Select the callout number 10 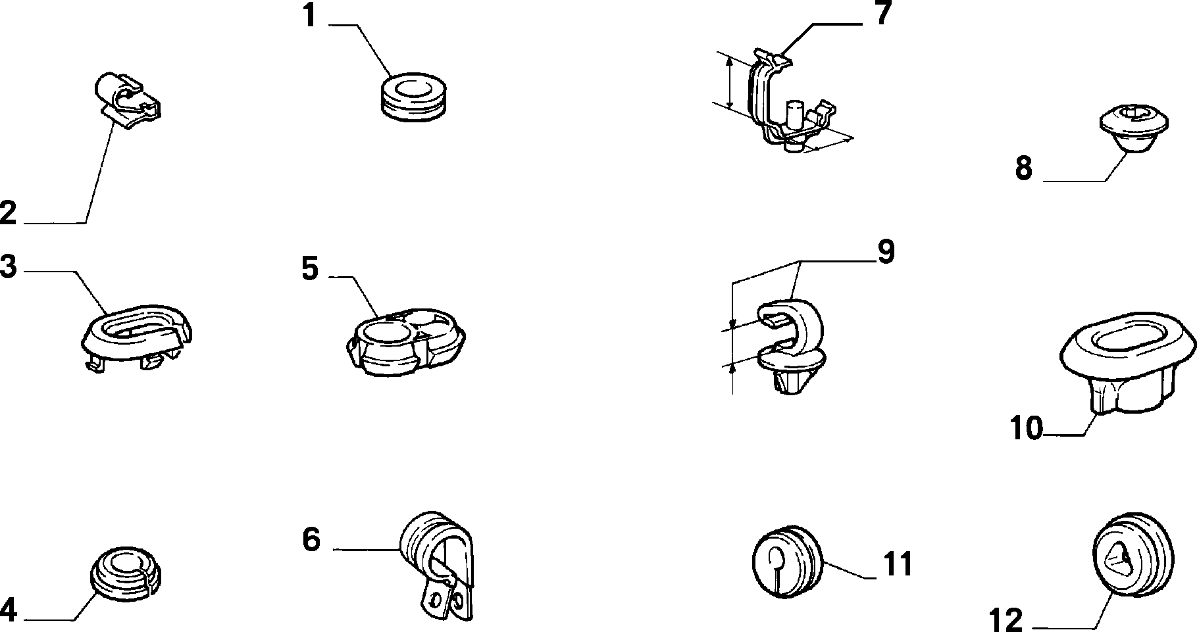coord(1027,429)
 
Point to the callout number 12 coord(1007,620)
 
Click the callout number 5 coord(310,268)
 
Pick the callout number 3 coord(8,268)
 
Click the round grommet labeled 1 coord(413,97)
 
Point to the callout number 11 coord(897,564)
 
